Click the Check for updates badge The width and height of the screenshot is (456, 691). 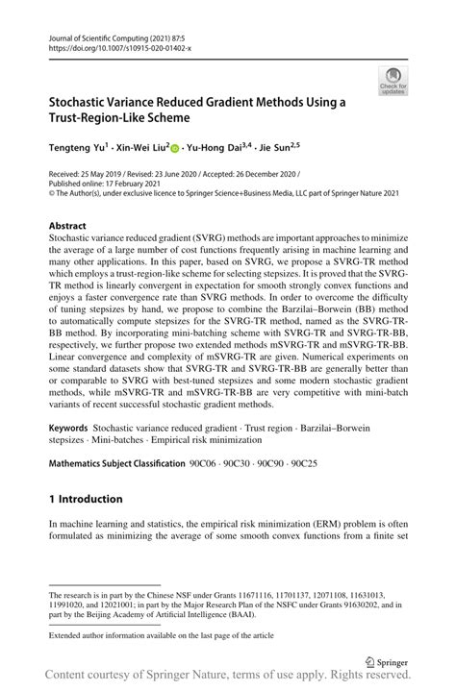pyautogui.click(x=393, y=80)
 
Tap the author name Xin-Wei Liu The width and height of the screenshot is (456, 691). pyautogui.click(x=139, y=149)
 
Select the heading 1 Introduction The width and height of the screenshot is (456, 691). pyautogui.click(x=86, y=499)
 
